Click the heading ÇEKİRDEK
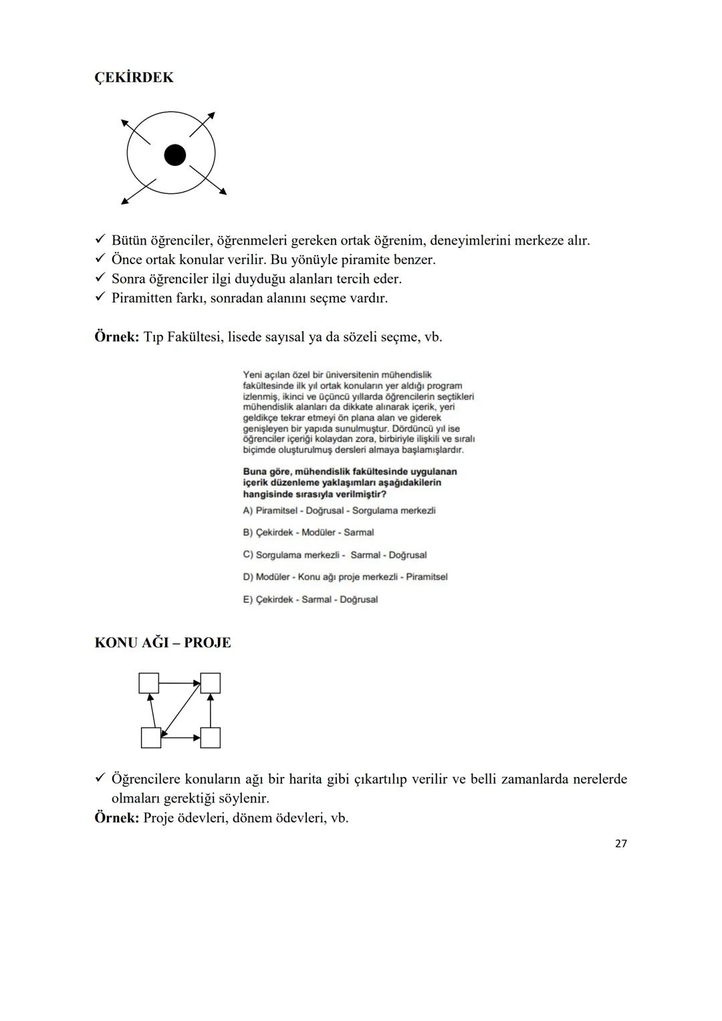tap(134, 78)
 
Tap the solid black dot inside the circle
tap(174, 155)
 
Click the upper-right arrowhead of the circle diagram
tap(211, 115)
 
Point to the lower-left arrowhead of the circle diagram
tap(125, 200)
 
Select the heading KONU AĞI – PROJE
tap(162, 643)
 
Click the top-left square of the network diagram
tap(148, 683)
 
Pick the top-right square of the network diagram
tap(211, 683)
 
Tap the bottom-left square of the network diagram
tap(151, 738)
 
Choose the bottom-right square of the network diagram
tap(211, 738)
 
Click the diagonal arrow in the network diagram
tap(180, 710)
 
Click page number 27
tap(620, 844)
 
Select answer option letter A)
tap(248, 511)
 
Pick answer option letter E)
tap(248, 600)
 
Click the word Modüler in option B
tap(319, 533)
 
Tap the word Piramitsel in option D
tap(427, 577)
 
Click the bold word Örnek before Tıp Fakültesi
tap(116, 336)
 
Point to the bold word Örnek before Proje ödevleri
tap(116, 818)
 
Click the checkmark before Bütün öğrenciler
tap(100, 240)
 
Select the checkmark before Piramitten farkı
tap(100, 298)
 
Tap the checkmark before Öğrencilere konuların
tap(100, 779)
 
